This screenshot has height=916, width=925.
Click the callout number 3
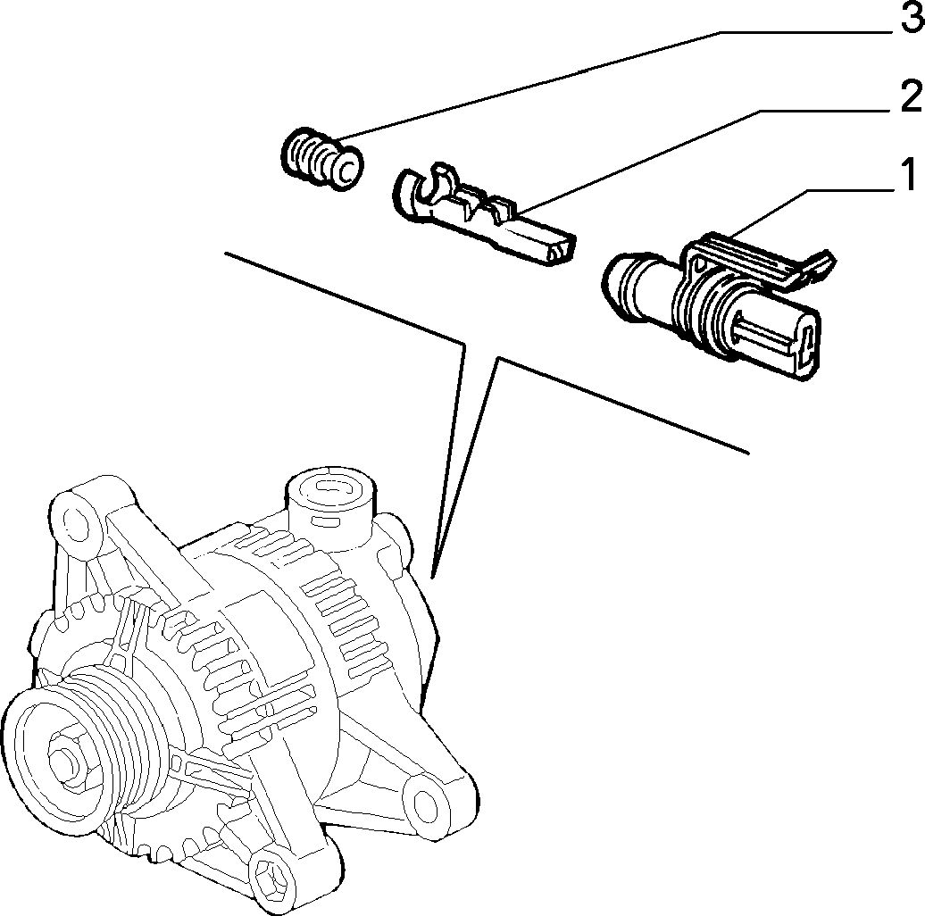911,18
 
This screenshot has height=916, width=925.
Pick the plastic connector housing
717,301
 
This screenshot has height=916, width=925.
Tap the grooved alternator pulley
88,755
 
